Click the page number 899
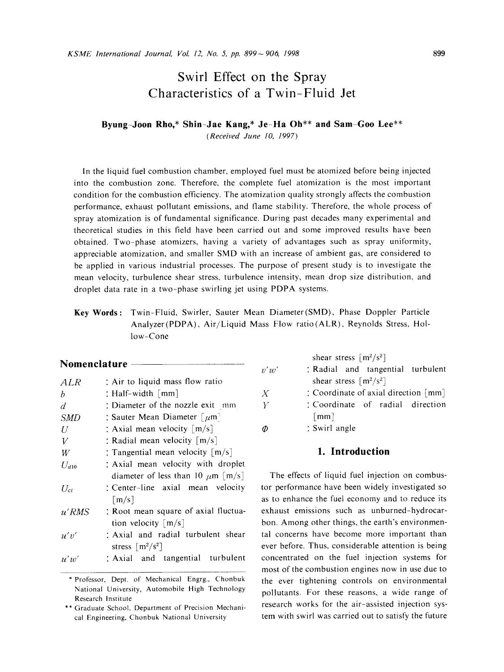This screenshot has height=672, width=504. pos(439,54)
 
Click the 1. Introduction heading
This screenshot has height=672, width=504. pos(353,451)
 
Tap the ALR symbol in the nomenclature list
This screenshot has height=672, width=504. pos(70,382)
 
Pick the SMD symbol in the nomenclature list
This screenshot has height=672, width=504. pos(70,418)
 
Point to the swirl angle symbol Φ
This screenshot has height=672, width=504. pos(266,428)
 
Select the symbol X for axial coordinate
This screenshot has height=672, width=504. pos(265,393)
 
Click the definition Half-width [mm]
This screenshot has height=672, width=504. pos(142,393)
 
